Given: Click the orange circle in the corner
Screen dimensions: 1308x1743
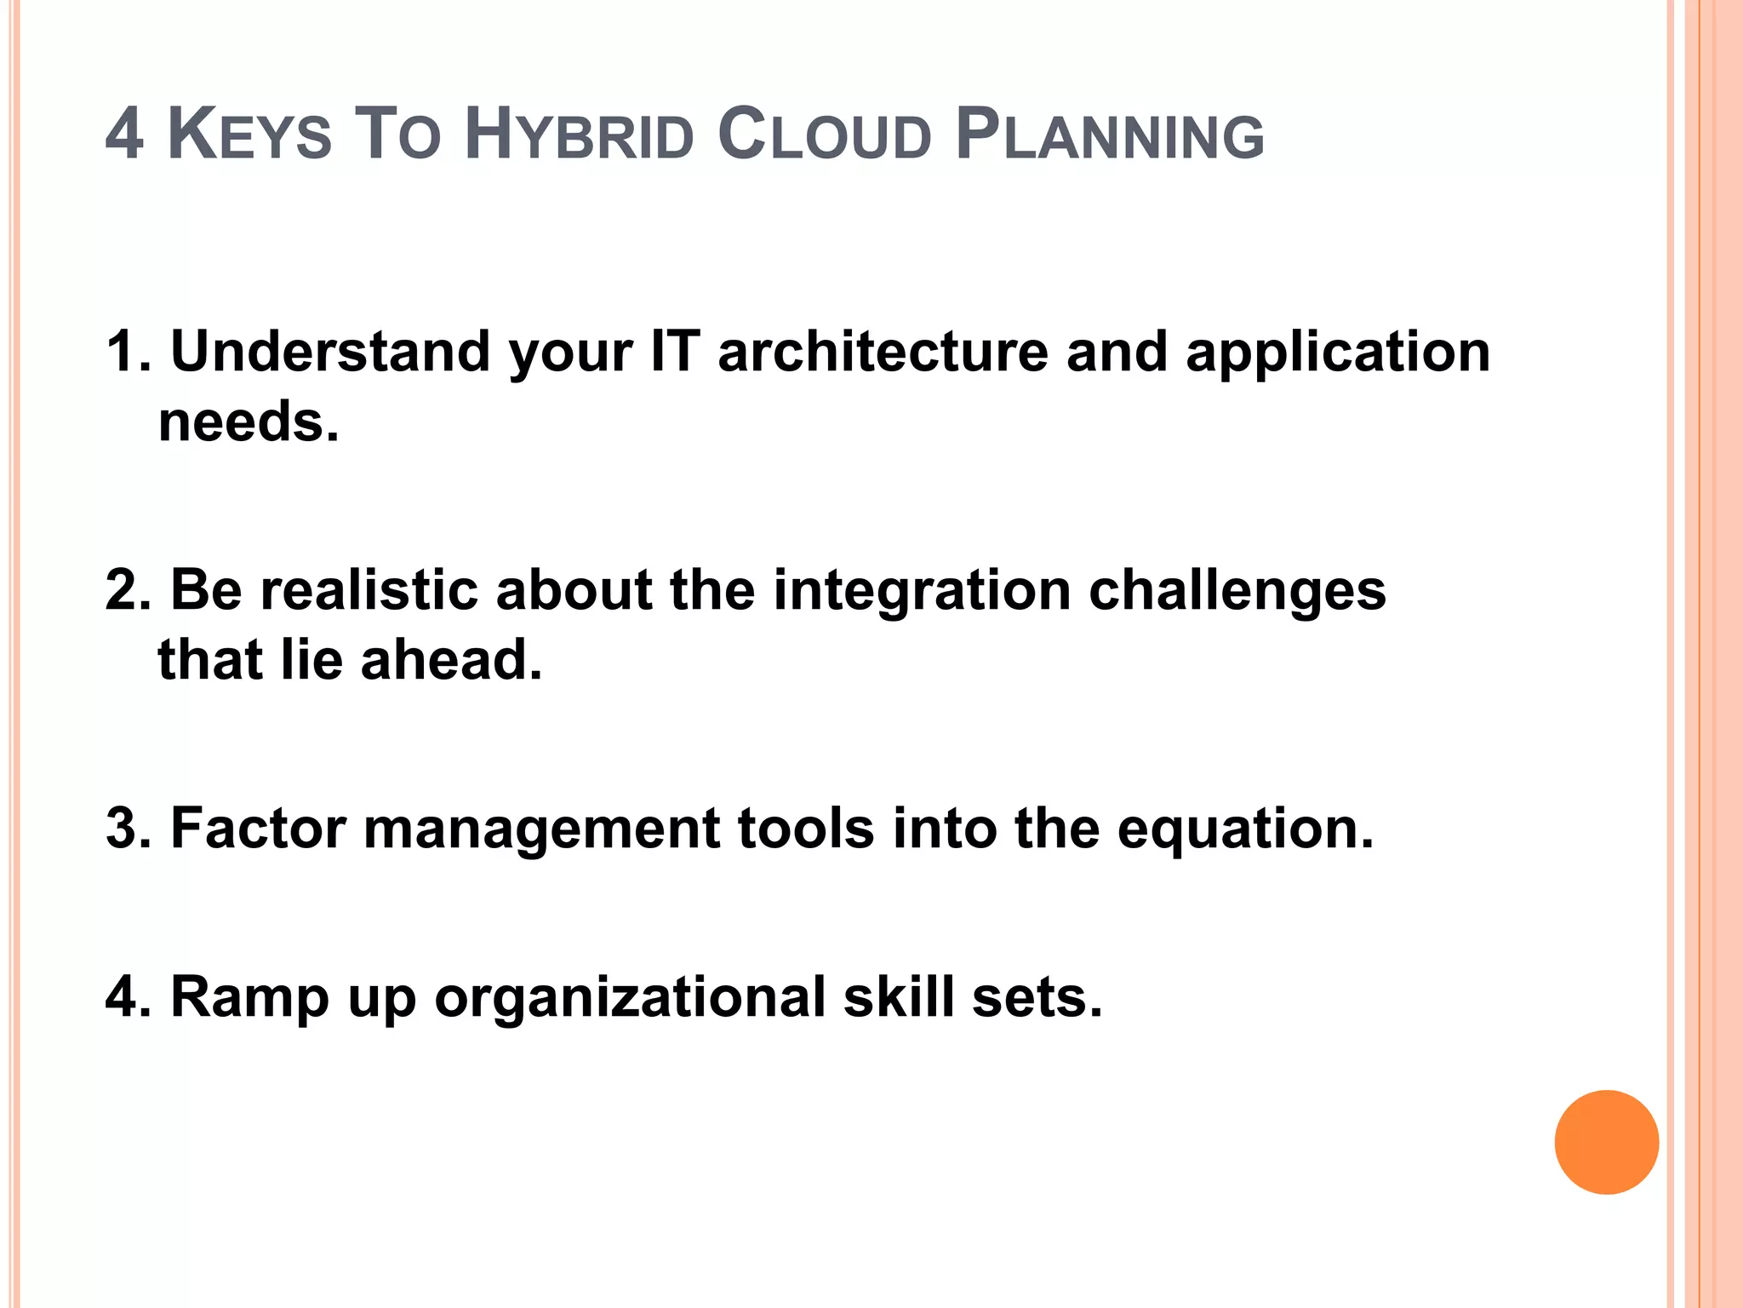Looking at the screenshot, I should pyautogui.click(x=1606, y=1142).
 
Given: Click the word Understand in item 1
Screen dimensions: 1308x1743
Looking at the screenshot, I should pyautogui.click(x=330, y=352).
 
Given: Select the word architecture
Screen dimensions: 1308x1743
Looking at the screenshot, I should pyautogui.click(x=883, y=352).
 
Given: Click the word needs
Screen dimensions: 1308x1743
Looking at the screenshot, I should pyautogui.click(x=248, y=422).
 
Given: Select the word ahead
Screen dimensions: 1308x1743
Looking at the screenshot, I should pyautogui.click(x=451, y=660).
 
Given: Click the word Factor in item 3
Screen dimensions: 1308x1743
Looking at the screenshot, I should pyautogui.click(x=258, y=828).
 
